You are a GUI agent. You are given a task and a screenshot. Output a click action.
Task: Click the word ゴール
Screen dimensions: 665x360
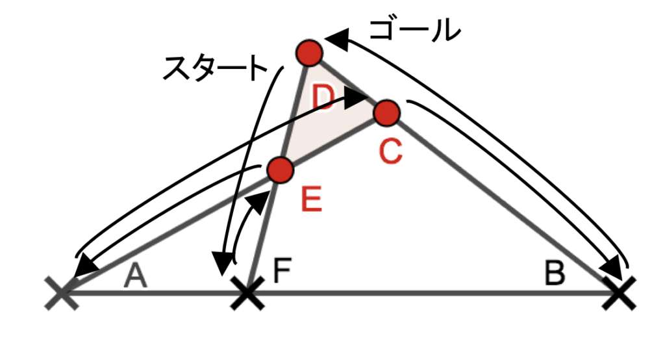tap(414, 31)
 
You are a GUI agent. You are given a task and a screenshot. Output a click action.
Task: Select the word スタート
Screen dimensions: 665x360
tap(215, 68)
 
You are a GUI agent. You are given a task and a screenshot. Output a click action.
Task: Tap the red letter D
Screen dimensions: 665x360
tap(323, 97)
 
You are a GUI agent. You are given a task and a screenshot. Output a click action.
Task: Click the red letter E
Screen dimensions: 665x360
tap(311, 199)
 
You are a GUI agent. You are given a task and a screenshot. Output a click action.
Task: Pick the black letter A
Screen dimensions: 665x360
tap(135, 276)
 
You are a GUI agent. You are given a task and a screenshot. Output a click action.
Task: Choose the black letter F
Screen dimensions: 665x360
tap(282, 271)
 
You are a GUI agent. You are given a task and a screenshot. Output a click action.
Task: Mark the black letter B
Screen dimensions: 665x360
tap(555, 274)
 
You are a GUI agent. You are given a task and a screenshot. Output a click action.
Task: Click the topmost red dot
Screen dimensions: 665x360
tap(310, 53)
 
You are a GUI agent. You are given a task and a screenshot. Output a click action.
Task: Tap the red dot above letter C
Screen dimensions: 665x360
tap(387, 113)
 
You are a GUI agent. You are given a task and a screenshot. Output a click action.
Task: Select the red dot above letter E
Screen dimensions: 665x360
tap(281, 170)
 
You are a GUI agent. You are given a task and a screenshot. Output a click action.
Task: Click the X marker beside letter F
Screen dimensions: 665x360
tap(247, 293)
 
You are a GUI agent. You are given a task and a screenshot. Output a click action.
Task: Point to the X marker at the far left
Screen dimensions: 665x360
tap(62, 293)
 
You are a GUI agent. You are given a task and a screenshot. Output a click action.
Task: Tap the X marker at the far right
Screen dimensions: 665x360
tap(620, 293)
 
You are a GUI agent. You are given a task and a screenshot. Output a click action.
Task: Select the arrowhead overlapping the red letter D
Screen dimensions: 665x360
tap(355, 98)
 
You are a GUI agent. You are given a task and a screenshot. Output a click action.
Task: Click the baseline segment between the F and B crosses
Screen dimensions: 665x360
tap(433, 293)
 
